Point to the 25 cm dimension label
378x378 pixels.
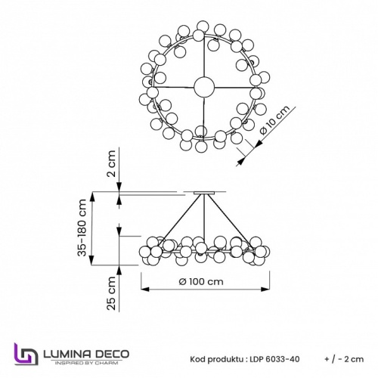coord(110,295)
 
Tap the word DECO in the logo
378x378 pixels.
coord(111,352)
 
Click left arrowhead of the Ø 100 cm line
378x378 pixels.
coord(143,289)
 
